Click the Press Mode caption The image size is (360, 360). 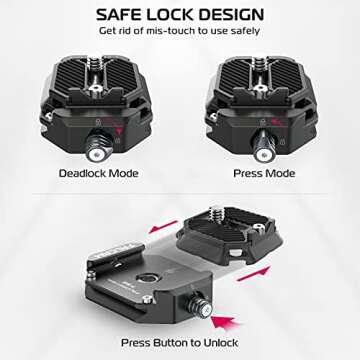pos(263,172)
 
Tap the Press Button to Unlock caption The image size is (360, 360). pos(179,343)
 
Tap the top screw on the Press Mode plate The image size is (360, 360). pos(262,62)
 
